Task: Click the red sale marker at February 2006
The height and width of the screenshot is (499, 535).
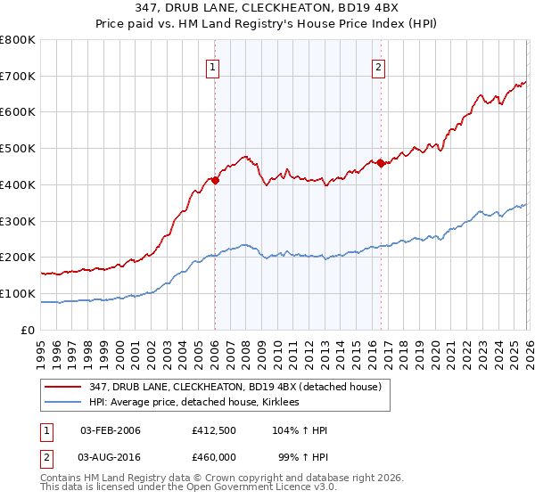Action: point(215,179)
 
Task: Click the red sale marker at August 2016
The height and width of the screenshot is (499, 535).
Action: point(381,162)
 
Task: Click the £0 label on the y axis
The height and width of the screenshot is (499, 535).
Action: point(29,330)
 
